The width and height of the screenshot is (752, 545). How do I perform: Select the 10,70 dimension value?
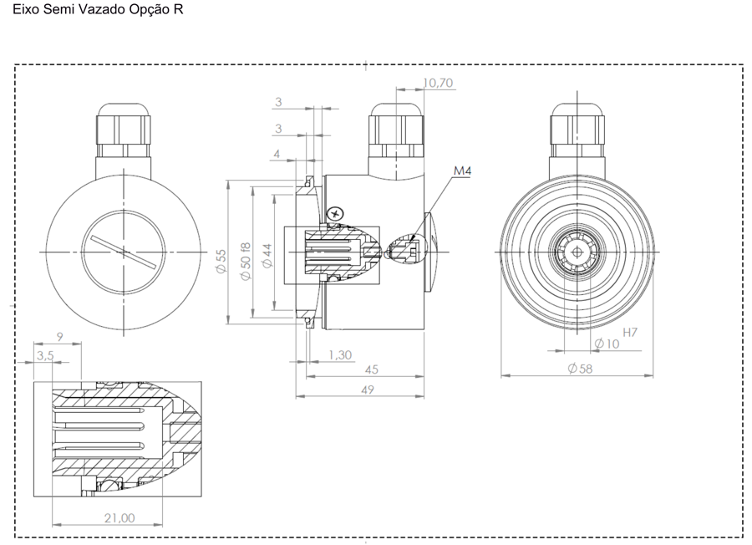click(438, 83)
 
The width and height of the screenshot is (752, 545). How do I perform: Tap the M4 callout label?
click(463, 171)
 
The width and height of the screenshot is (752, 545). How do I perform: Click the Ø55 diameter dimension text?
click(221, 262)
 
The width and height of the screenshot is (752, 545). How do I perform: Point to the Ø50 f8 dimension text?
click(245, 262)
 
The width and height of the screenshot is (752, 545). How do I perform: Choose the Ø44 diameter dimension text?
click(267, 256)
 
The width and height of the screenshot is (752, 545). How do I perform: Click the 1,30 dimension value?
click(340, 355)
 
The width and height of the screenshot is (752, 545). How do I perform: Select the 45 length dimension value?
click(372, 369)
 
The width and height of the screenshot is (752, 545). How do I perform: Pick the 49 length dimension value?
click(368, 390)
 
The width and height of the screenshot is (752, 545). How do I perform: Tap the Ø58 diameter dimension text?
click(581, 369)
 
